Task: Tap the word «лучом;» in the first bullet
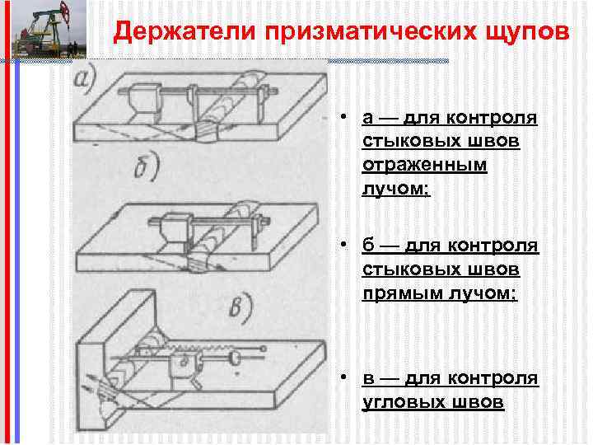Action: click(396, 189)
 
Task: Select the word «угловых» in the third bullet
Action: click(403, 401)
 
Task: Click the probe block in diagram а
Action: click(140, 103)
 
